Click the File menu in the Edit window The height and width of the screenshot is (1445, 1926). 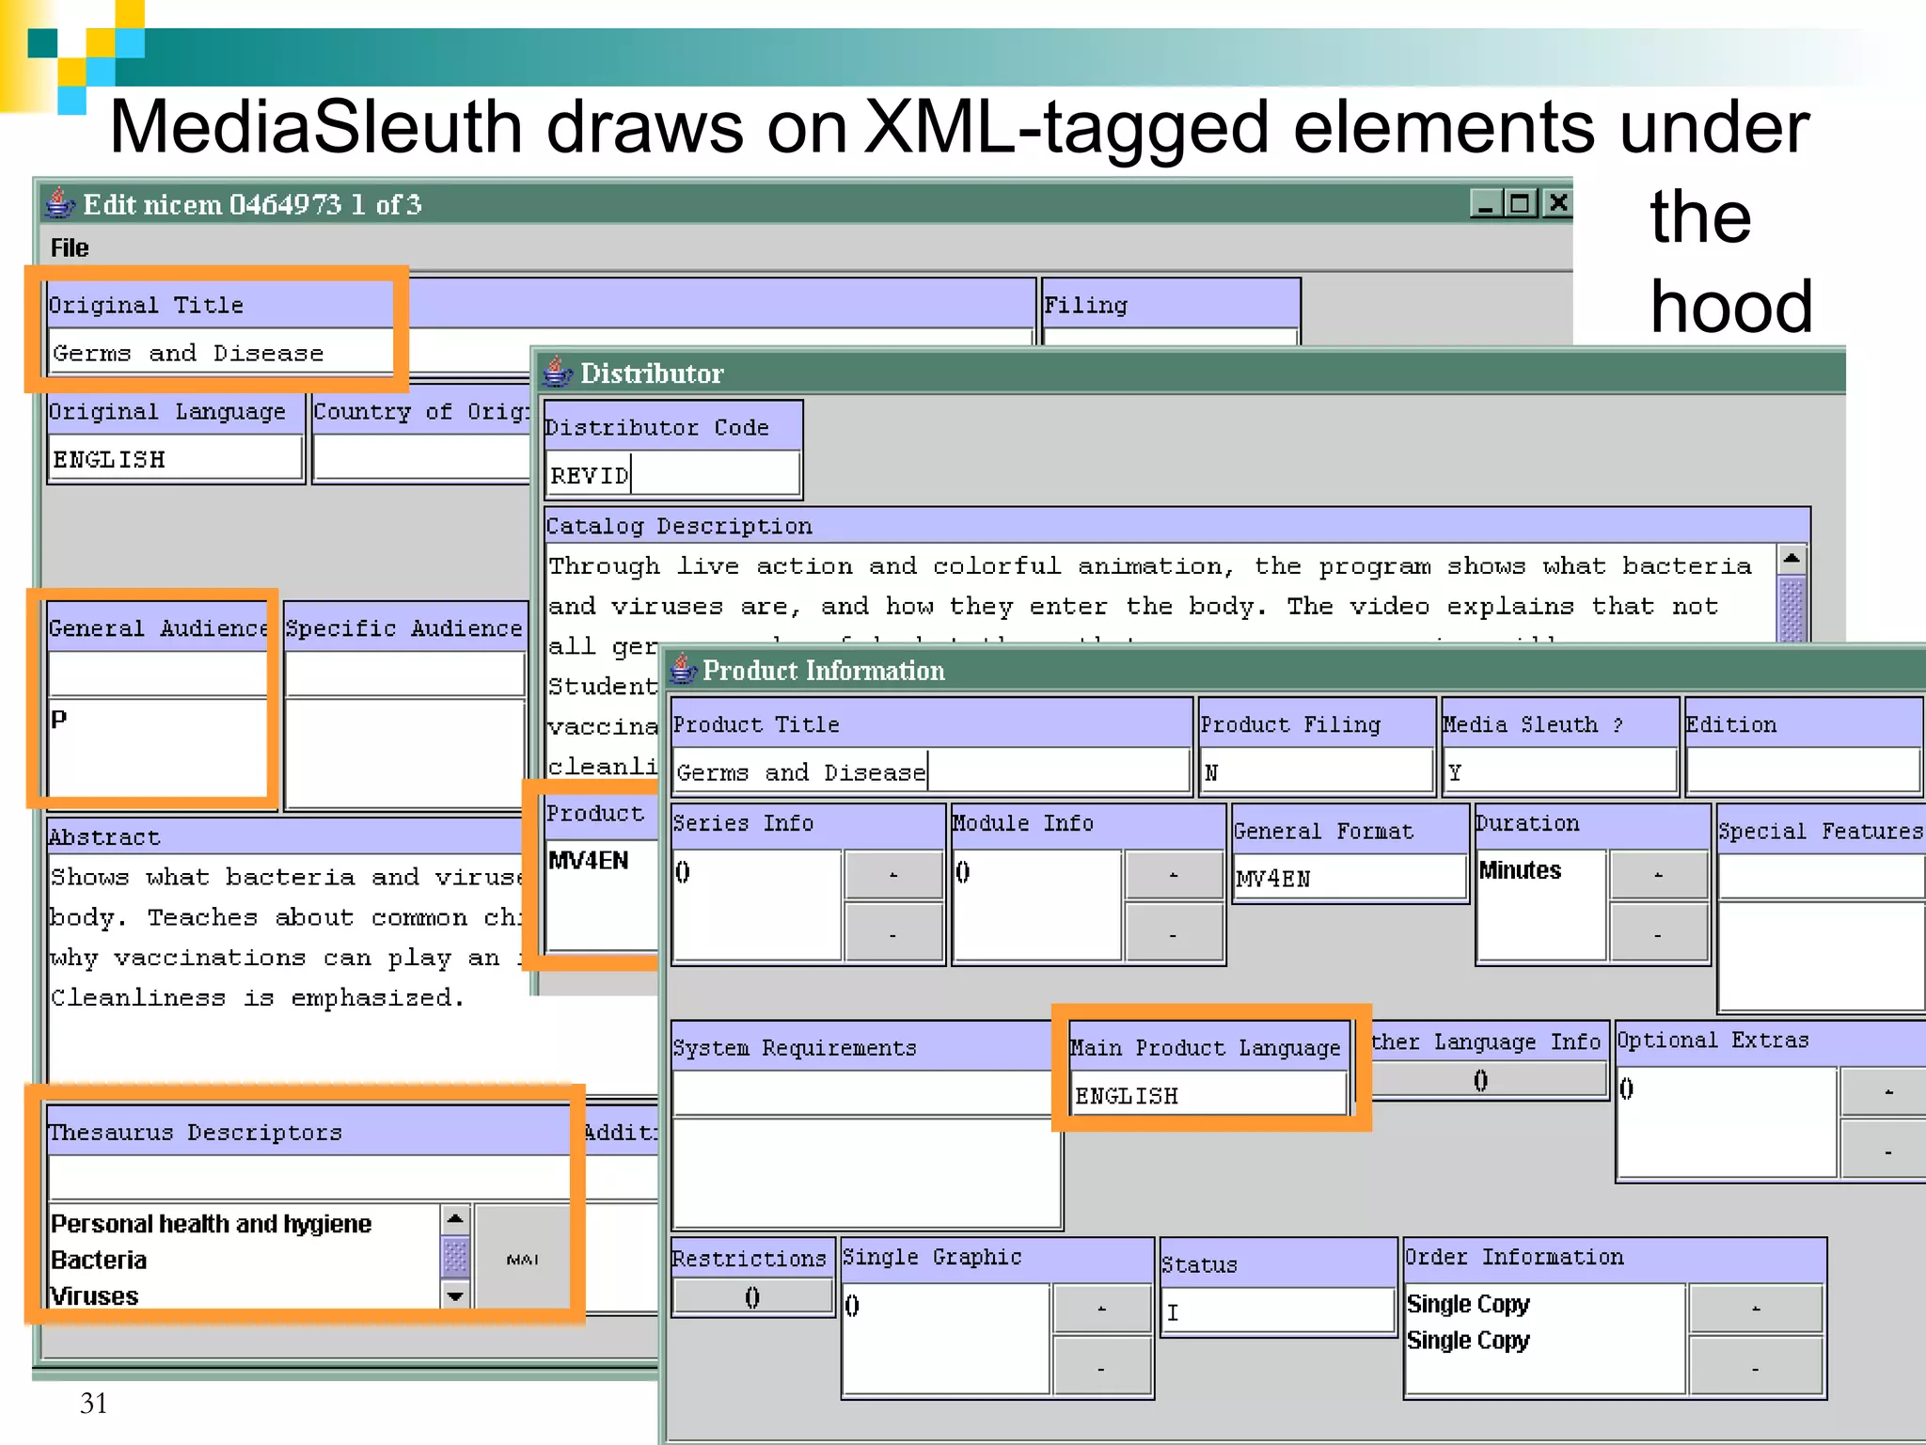coord(70,248)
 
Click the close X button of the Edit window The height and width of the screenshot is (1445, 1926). coord(1557,202)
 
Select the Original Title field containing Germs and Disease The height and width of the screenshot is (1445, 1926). coord(220,353)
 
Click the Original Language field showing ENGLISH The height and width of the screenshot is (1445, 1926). coord(175,459)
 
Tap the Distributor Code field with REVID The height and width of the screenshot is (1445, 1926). coord(671,475)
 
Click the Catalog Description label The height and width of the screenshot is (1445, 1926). coord(678,526)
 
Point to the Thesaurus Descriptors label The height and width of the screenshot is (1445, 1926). coord(195,1132)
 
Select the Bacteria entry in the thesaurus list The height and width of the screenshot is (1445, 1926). coord(99,1260)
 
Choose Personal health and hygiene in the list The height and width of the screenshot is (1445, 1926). coord(211,1223)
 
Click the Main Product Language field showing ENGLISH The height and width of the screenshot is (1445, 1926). coord(1208,1096)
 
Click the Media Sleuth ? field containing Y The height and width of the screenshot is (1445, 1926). coord(1559,772)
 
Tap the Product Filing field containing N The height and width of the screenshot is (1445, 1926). coord(1315,772)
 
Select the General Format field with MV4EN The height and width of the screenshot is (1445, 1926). coord(1349,879)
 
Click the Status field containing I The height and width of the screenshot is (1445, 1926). coord(1277,1312)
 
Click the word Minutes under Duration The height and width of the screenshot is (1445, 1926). coord(1520,870)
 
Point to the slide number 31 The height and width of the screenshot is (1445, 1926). coord(93,1403)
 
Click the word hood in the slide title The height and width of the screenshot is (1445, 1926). coord(1731,307)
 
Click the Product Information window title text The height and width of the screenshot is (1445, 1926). coord(823,671)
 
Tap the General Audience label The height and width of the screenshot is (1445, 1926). coord(158,627)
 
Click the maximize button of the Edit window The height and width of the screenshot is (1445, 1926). coord(1520,202)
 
